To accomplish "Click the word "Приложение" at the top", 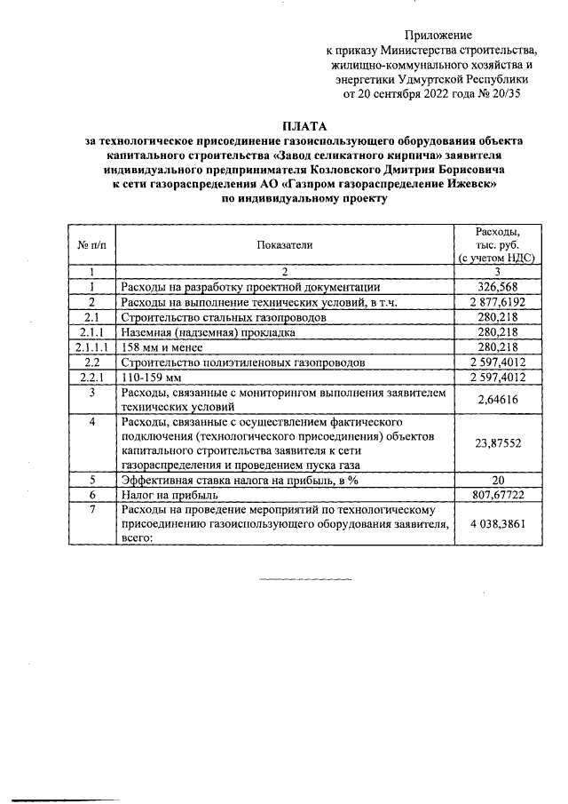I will [439, 35].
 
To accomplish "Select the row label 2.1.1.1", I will [92, 346].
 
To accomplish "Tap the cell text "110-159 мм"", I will [152, 377].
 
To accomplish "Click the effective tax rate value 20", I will [497, 480].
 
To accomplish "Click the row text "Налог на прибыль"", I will [169, 495].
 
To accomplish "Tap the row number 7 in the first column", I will [92, 510].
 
